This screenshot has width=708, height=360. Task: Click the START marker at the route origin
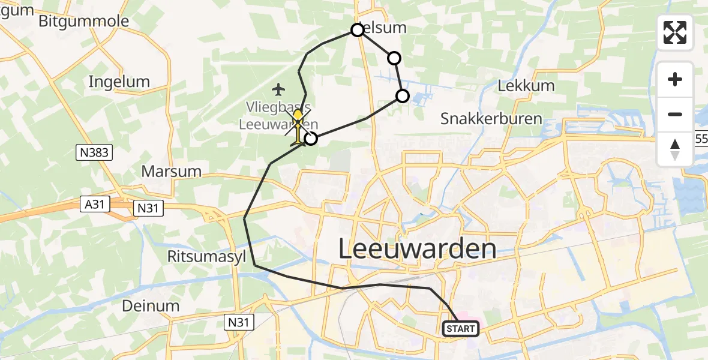pos(461,329)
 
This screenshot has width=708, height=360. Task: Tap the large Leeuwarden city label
pos(418,248)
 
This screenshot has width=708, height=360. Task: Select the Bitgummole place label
pos(83,22)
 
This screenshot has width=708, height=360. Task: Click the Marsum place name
pos(171,171)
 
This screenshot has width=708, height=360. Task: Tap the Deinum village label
pos(151,305)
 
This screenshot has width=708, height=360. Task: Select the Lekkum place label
pos(526,86)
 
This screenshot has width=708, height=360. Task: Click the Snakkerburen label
pos(491,119)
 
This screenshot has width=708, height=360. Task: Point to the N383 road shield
pos(94,153)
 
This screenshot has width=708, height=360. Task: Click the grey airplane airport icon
pos(278,90)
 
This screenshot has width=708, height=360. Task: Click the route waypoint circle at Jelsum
pos(358,30)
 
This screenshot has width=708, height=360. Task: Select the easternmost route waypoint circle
pos(403,96)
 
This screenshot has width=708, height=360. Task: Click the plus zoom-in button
pos(675,80)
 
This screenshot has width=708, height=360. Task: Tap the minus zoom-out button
pos(675,115)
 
